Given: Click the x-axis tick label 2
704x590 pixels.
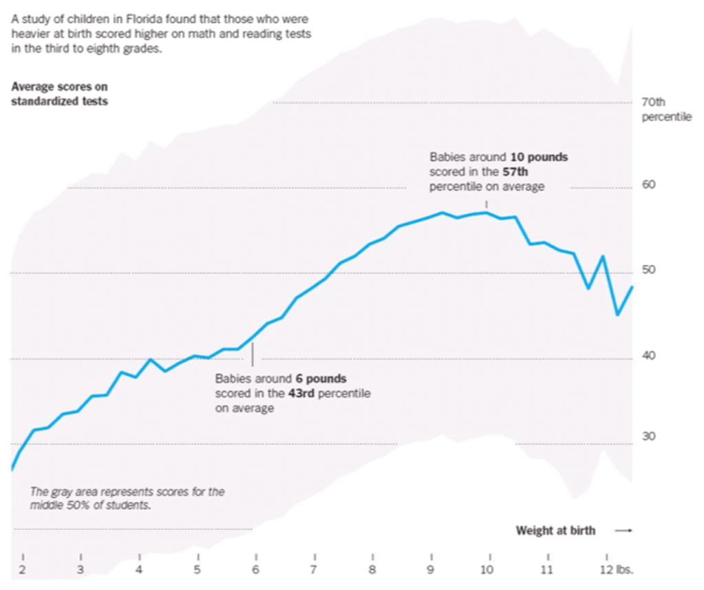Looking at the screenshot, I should (23, 570).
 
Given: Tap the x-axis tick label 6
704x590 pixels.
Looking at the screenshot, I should (255, 570).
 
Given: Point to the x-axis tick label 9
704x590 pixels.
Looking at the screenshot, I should (431, 570).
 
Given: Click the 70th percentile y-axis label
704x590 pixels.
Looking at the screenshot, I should (665, 109).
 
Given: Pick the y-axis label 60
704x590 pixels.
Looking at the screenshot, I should (648, 185).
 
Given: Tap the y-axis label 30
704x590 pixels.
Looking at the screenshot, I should (648, 436).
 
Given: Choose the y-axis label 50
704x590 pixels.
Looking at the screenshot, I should (648, 270).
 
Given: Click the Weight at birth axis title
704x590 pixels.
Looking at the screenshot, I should (555, 530).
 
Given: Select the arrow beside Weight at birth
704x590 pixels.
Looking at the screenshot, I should (623, 530).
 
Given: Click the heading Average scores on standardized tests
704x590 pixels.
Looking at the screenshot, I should (59, 94).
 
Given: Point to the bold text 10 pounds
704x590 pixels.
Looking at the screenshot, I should (538, 157).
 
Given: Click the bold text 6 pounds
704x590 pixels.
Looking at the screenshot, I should (321, 379).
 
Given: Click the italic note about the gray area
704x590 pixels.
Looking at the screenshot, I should (127, 498).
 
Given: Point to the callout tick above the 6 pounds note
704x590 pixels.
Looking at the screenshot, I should (253, 354).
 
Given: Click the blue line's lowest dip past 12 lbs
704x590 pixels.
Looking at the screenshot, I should (618, 315).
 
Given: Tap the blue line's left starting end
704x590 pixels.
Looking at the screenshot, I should (12, 470).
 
